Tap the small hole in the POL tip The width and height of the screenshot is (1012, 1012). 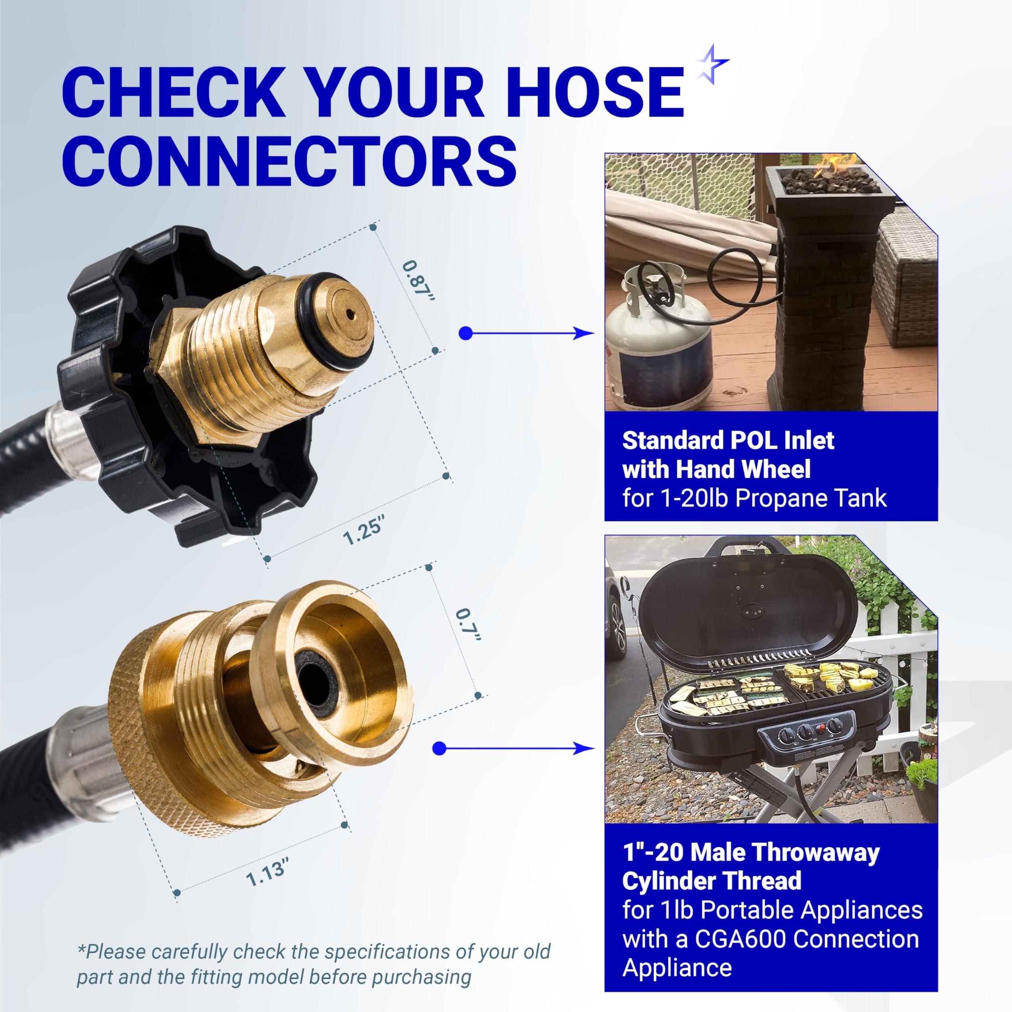348,314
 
